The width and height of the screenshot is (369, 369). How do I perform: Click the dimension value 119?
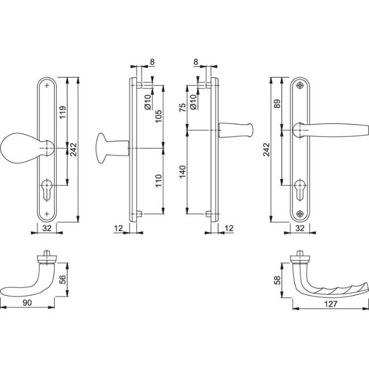[x=63, y=112]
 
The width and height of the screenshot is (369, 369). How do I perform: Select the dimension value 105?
[x=159, y=116]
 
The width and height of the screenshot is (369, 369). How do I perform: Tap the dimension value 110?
[x=159, y=181]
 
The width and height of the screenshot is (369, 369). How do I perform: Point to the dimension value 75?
[x=182, y=107]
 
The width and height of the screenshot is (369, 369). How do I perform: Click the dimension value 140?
[x=182, y=172]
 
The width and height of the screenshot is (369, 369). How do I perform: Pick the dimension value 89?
[x=278, y=104]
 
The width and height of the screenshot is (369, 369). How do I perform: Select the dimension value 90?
[x=27, y=303]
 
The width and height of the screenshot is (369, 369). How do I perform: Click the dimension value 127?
[x=330, y=304]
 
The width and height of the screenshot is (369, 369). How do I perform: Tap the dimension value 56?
[x=63, y=279]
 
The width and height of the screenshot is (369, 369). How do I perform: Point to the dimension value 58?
[x=278, y=280]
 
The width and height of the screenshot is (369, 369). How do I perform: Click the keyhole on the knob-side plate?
[x=47, y=190]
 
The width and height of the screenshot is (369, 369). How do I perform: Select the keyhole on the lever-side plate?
[x=300, y=190]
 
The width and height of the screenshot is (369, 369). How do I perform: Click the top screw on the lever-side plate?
[x=299, y=86]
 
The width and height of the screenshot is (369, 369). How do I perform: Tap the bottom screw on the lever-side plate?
[x=299, y=214]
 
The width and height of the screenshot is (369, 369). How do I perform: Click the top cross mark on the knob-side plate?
[x=47, y=85]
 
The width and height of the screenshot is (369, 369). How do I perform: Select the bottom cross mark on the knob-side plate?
[x=47, y=214]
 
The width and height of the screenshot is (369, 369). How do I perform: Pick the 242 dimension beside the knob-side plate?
[x=74, y=149]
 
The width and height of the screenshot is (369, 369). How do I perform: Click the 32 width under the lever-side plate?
[x=300, y=228]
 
